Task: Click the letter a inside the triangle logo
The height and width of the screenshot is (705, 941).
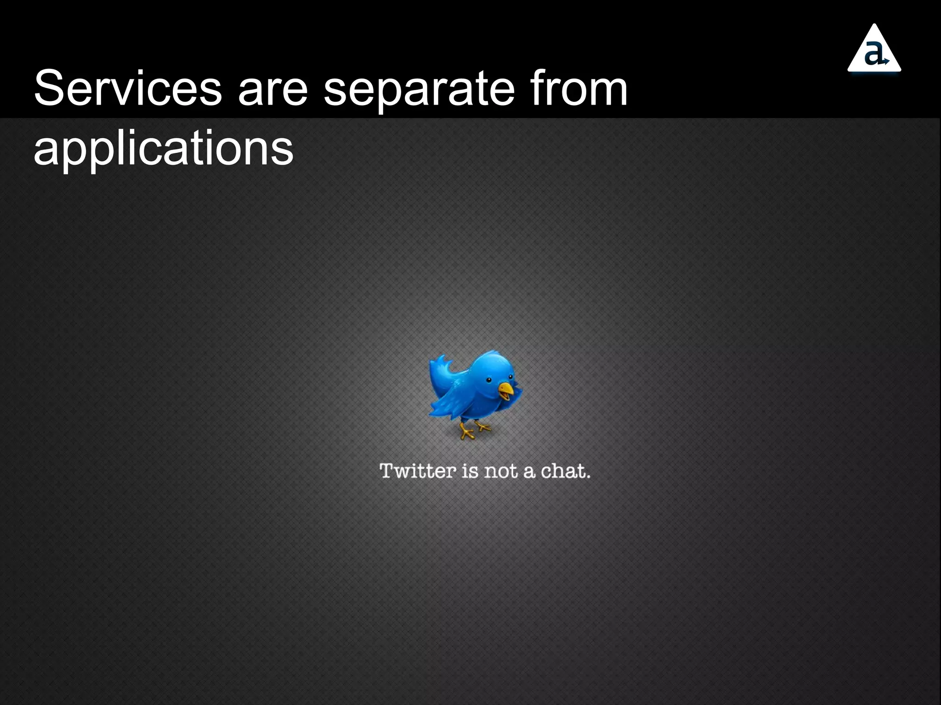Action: (x=874, y=54)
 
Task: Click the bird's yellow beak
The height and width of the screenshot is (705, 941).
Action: (x=506, y=391)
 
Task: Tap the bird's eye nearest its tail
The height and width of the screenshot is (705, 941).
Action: (x=489, y=380)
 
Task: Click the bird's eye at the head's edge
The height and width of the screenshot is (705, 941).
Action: (x=510, y=377)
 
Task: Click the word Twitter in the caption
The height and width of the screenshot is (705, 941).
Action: (x=417, y=471)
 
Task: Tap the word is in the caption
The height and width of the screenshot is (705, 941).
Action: (x=470, y=471)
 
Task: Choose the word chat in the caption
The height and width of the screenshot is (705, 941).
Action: (x=564, y=471)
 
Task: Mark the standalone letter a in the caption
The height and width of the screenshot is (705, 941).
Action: (x=529, y=472)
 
